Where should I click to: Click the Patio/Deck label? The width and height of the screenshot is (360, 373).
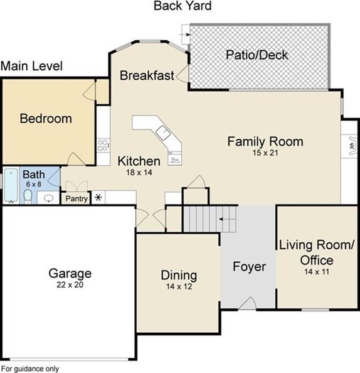coord(257,55)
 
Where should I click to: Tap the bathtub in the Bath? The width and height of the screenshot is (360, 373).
coord(11,186)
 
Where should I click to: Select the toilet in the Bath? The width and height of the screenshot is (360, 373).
coord(28,197)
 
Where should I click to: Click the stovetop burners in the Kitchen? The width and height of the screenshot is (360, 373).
coord(103,145)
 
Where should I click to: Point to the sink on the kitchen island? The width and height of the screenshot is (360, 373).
coord(163,132)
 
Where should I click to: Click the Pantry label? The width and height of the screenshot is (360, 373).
coord(77,198)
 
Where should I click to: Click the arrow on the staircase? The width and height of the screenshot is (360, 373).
coord(227,219)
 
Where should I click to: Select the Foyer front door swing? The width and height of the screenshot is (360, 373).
coord(247,303)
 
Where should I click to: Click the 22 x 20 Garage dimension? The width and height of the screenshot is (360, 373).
coord(70,284)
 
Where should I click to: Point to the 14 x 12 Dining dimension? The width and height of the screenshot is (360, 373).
coord(179,286)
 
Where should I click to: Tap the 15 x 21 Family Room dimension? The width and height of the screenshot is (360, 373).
coord(265,153)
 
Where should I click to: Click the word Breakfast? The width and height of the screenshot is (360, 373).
coord(147,75)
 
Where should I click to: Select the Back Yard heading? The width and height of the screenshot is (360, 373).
coord(183,6)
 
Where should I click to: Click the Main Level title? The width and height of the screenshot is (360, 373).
coord(31,66)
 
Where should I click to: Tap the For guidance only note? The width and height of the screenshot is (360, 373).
coord(30,369)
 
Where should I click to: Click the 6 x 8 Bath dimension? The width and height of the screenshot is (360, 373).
coord(34,184)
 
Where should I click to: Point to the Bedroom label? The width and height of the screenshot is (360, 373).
coord(46,119)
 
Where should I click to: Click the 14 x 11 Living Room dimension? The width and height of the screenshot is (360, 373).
coord(317,272)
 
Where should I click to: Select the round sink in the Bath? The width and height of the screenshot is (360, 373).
coord(49,197)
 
